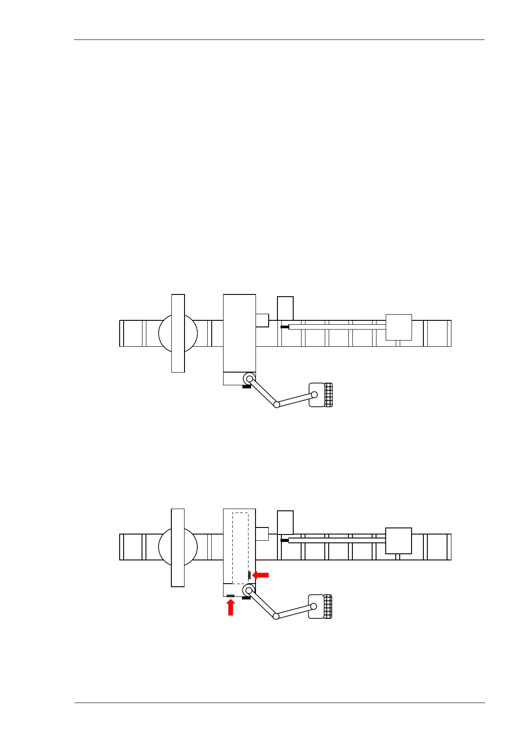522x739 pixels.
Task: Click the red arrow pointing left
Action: tap(261, 575)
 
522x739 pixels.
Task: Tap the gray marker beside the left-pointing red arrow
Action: tap(249, 575)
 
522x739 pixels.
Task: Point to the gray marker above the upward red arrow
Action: tap(231, 596)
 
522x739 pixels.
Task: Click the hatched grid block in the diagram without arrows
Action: tap(329, 395)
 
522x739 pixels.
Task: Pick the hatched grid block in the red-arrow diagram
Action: tap(328, 606)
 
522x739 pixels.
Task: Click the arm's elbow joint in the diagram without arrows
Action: tap(277, 404)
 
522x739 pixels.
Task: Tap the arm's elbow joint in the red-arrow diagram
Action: tap(276, 616)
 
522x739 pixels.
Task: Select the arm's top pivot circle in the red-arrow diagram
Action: tap(249, 591)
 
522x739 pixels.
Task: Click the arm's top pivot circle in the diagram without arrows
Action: tap(249, 378)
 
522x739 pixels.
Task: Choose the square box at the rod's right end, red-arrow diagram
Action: tap(398, 541)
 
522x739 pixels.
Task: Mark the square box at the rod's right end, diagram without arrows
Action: tap(398, 327)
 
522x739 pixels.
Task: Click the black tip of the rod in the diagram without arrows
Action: tap(284, 327)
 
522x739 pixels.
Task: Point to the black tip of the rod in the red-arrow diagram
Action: tap(284, 540)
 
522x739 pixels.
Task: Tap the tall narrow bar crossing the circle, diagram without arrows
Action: tap(178, 334)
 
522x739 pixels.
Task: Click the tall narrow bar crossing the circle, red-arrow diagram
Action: tap(178, 548)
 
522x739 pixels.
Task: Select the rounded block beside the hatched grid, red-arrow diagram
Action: tap(316, 606)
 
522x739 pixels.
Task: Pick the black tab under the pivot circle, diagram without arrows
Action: tap(246, 387)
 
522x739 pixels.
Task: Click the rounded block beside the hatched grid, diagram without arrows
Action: tap(316, 395)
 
